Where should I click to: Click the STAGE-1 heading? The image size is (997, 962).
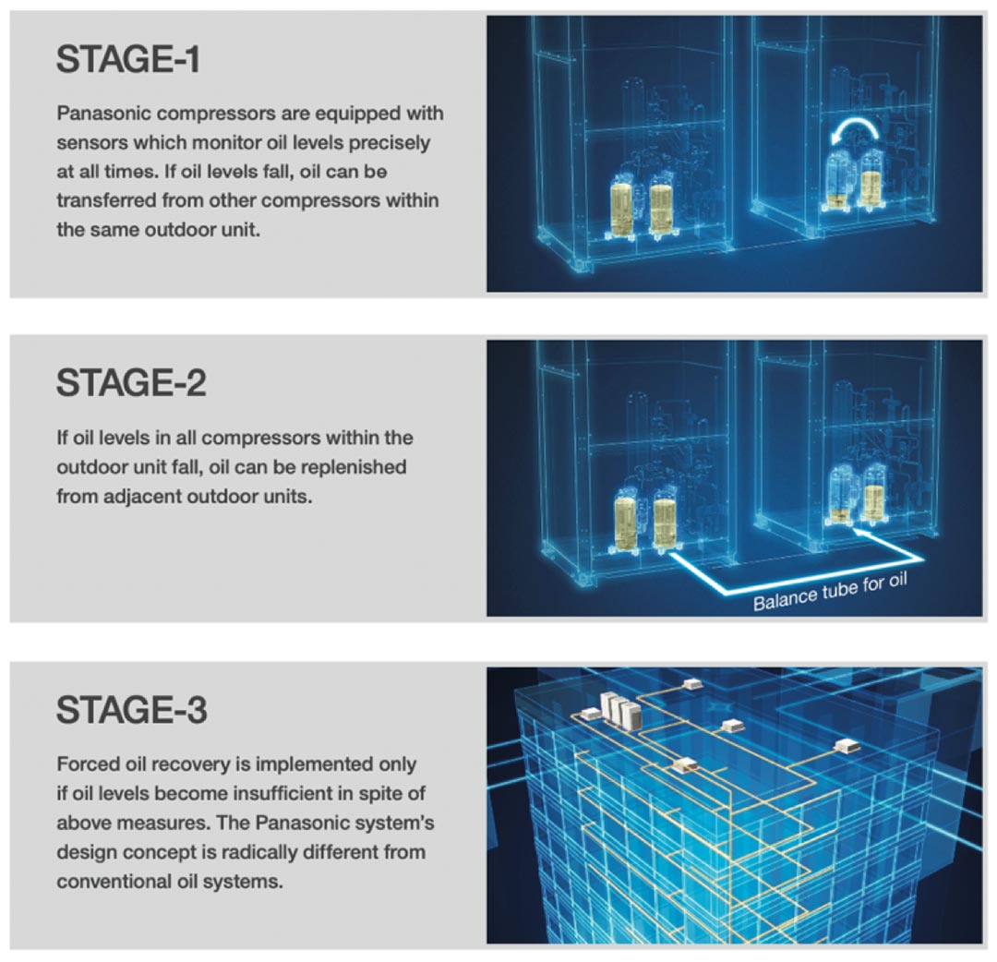tap(128, 59)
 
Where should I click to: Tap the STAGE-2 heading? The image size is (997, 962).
tap(132, 383)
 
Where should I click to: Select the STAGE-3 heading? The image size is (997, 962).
tap(132, 710)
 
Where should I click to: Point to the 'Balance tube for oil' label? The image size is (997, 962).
tap(830, 591)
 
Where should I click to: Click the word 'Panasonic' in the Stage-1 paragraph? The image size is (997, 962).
tap(103, 114)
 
